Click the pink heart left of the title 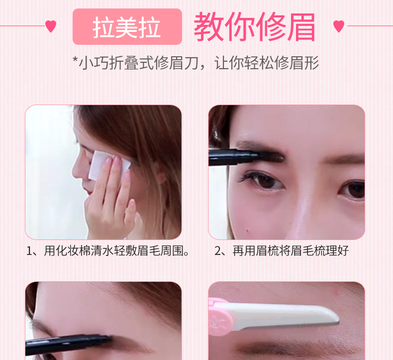tap(51, 26)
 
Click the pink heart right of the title tap(339, 26)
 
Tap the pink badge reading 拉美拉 tap(127, 26)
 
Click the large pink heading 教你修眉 tap(254, 26)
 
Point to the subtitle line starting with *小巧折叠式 tap(196, 63)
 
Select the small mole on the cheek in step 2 tap(247, 230)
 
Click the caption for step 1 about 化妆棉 tap(108, 251)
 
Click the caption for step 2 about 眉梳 tap(281, 251)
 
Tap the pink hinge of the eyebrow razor tap(220, 317)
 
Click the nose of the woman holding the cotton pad tap(77, 171)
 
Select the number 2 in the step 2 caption tap(217, 251)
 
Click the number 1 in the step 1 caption tap(29, 251)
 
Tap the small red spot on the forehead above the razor tap(336, 292)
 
